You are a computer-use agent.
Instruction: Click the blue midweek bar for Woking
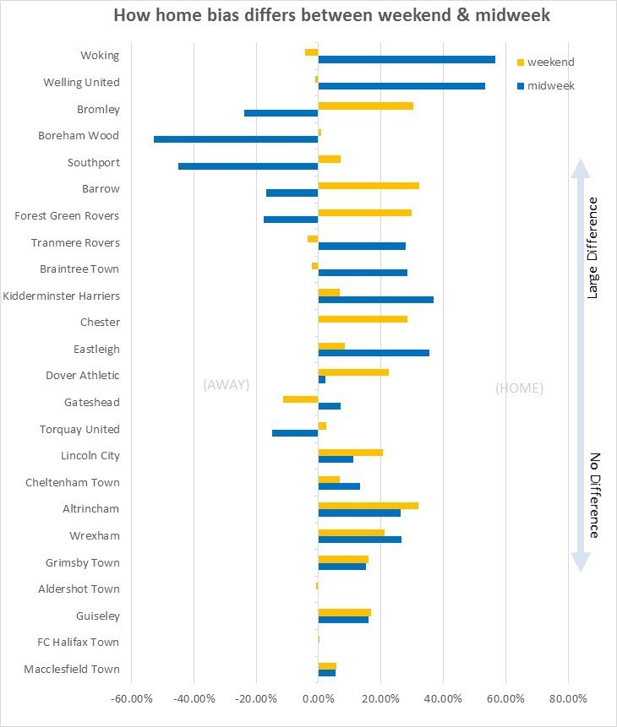pyautogui.click(x=407, y=59)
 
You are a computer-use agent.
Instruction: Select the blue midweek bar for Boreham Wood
pyautogui.click(x=236, y=139)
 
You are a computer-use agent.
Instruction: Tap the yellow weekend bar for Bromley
pyautogui.click(x=366, y=106)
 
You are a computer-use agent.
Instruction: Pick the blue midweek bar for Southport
pyautogui.click(x=248, y=166)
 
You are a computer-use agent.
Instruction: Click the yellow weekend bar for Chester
pyautogui.click(x=363, y=319)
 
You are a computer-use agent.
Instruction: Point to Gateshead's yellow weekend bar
pyautogui.click(x=301, y=399)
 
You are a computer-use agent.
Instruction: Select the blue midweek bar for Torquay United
pyautogui.click(x=295, y=433)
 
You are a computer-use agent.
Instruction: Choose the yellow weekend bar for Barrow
pyautogui.click(x=369, y=186)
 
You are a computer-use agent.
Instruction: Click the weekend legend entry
pyautogui.click(x=546, y=62)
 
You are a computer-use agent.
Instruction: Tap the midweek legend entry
pyautogui.click(x=546, y=86)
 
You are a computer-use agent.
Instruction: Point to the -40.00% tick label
pyautogui.click(x=194, y=699)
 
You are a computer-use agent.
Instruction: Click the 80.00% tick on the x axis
pyautogui.click(x=568, y=699)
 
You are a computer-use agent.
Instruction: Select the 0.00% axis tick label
pyautogui.click(x=319, y=699)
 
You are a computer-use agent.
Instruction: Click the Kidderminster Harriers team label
pyautogui.click(x=62, y=296)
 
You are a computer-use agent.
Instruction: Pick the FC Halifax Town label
pyautogui.click(x=79, y=643)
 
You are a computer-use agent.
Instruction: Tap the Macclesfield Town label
pyautogui.click(x=72, y=669)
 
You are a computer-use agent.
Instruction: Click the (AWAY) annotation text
pyautogui.click(x=227, y=385)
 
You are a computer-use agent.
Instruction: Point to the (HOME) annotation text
pyautogui.click(x=520, y=388)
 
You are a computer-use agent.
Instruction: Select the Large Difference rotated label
pyautogui.click(x=592, y=248)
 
